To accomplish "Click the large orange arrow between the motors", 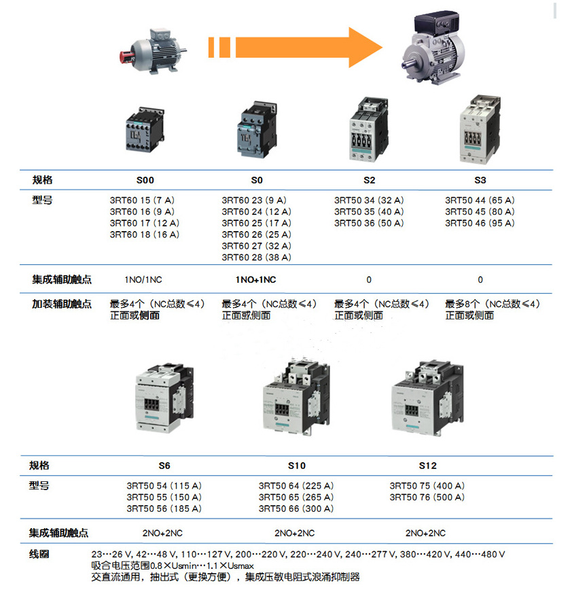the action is point(296,47).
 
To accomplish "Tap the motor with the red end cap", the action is point(152,51).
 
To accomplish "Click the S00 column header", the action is point(145,180).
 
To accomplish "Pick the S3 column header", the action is point(480,180).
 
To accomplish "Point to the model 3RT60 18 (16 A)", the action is point(145,234).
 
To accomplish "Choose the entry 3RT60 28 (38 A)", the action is point(257,257).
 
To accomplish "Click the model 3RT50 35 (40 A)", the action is point(369,211).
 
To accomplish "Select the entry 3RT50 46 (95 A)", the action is point(480,223).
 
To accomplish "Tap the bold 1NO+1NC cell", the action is point(256,280).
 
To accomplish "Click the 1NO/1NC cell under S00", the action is point(143,280).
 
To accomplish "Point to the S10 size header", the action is point(297,466).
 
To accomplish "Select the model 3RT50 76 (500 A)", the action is point(427,497).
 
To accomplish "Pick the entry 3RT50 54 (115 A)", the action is point(164,485).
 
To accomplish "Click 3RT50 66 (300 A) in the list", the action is point(296,508).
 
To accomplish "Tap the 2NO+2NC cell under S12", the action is point(426,533).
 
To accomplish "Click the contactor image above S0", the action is point(257,130).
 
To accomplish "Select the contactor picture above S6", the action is point(164,398).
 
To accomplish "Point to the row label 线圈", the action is point(39,554).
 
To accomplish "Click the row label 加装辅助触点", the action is point(62,304).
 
